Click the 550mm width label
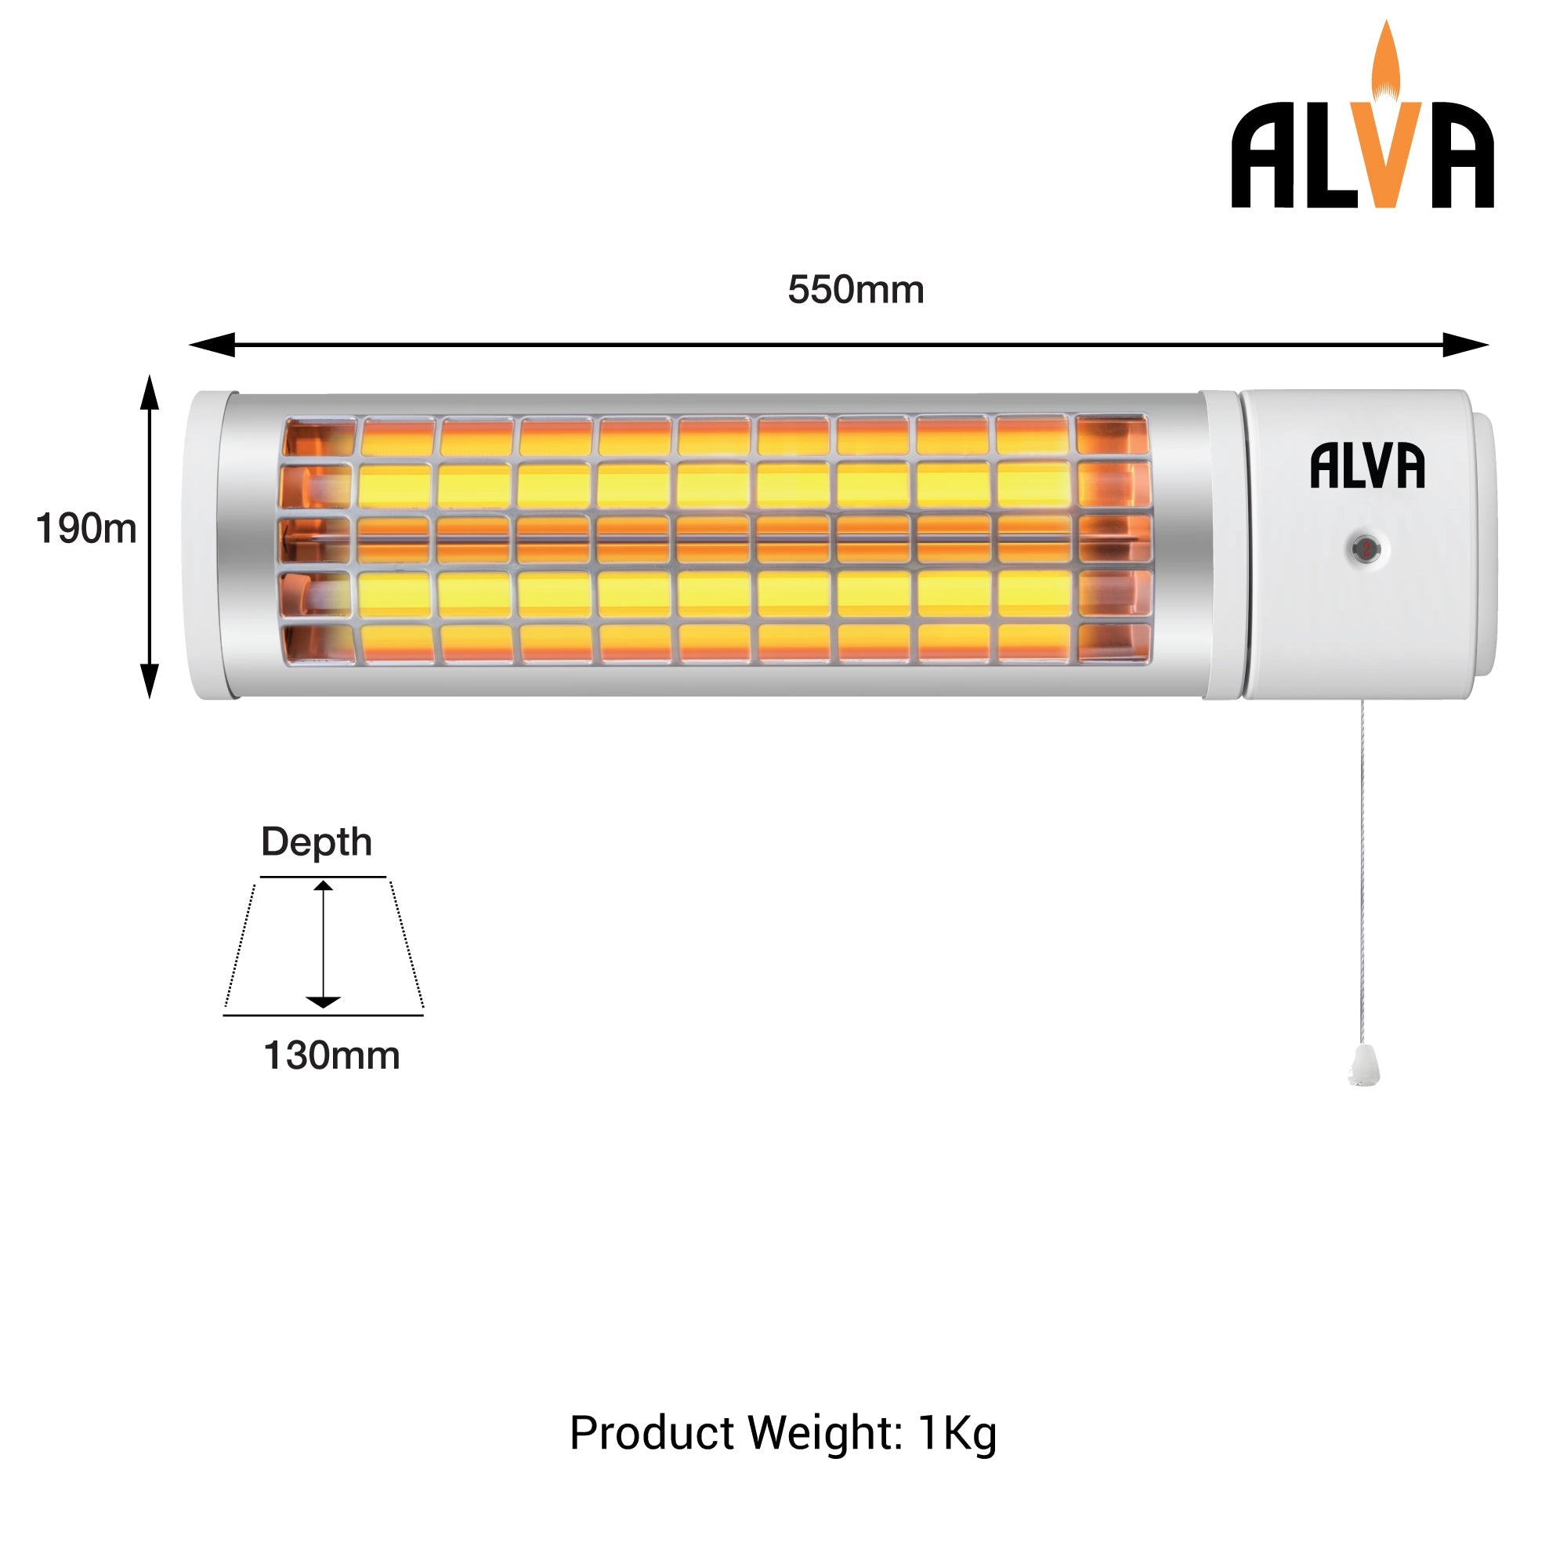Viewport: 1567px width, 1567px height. pyautogui.click(x=855, y=291)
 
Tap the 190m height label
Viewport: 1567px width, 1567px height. pyautogui.click(x=86, y=529)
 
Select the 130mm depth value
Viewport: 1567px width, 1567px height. pyautogui.click(x=331, y=1056)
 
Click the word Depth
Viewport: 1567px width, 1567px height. pyautogui.click(x=317, y=842)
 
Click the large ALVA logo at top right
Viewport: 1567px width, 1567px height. pyautogui.click(x=1363, y=154)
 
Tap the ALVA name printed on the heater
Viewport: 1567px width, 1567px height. pyautogui.click(x=1367, y=466)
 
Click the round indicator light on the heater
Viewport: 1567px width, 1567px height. pyautogui.click(x=1366, y=549)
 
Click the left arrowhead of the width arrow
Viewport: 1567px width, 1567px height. pyautogui.click(x=209, y=345)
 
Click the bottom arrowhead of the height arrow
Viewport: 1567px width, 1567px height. pyautogui.click(x=149, y=682)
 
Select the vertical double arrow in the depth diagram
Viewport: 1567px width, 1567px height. pyautogui.click(x=324, y=945)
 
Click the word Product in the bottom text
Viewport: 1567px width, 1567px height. pyautogui.click(x=652, y=1433)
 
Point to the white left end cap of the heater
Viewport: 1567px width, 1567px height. pyautogui.click(x=203, y=545)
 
